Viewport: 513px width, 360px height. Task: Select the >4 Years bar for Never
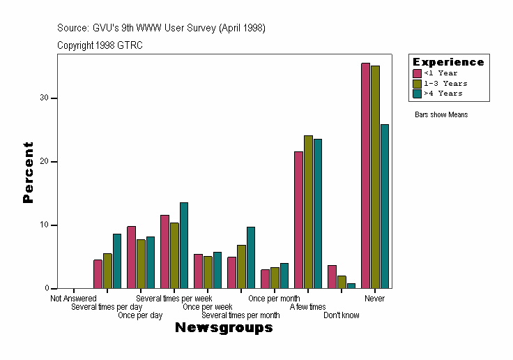point(385,207)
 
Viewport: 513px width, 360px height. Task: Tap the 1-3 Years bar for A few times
point(308,212)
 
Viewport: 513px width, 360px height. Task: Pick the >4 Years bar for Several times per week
point(184,246)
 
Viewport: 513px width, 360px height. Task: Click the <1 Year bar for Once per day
point(131,257)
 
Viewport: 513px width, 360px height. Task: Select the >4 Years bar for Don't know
point(351,286)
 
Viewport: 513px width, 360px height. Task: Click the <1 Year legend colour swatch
point(418,73)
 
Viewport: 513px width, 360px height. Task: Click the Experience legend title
point(448,62)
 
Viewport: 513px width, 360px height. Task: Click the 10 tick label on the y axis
point(47,225)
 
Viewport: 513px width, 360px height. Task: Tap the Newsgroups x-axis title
point(224,328)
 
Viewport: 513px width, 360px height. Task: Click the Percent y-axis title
point(28,172)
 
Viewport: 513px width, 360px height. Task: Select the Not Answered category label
point(73,299)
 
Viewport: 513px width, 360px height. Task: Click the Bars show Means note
point(441,114)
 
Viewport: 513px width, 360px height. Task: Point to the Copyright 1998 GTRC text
point(100,45)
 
